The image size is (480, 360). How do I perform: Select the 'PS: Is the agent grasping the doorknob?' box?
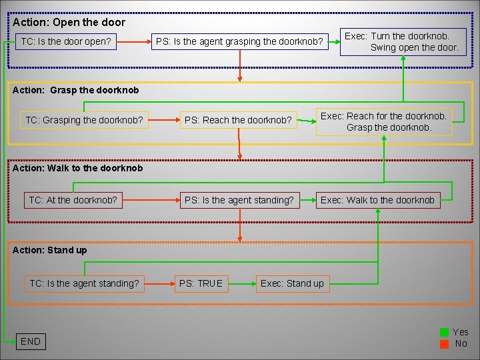(x=239, y=43)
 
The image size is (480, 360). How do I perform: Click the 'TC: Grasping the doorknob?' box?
(x=85, y=121)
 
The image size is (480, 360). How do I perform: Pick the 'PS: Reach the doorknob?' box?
(x=238, y=121)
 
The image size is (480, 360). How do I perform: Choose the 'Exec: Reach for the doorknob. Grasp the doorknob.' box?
(x=384, y=121)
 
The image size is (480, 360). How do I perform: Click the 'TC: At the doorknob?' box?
(x=73, y=199)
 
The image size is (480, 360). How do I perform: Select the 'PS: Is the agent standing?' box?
(x=239, y=199)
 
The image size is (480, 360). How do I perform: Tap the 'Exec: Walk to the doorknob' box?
(x=377, y=199)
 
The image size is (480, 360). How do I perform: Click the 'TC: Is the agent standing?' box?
(x=84, y=283)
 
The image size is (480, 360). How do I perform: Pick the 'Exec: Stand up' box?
(x=292, y=283)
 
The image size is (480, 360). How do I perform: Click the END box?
(x=31, y=341)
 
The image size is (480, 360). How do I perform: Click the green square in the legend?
(x=444, y=332)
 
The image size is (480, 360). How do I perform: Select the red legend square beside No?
(x=444, y=343)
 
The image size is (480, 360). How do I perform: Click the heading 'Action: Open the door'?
(x=69, y=22)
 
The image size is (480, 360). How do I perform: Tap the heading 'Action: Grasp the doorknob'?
(x=76, y=89)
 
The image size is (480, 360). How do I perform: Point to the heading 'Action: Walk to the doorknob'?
(x=77, y=168)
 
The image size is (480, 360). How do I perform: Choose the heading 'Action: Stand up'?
(x=49, y=250)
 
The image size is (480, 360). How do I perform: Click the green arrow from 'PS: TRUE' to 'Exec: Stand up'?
(x=241, y=283)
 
